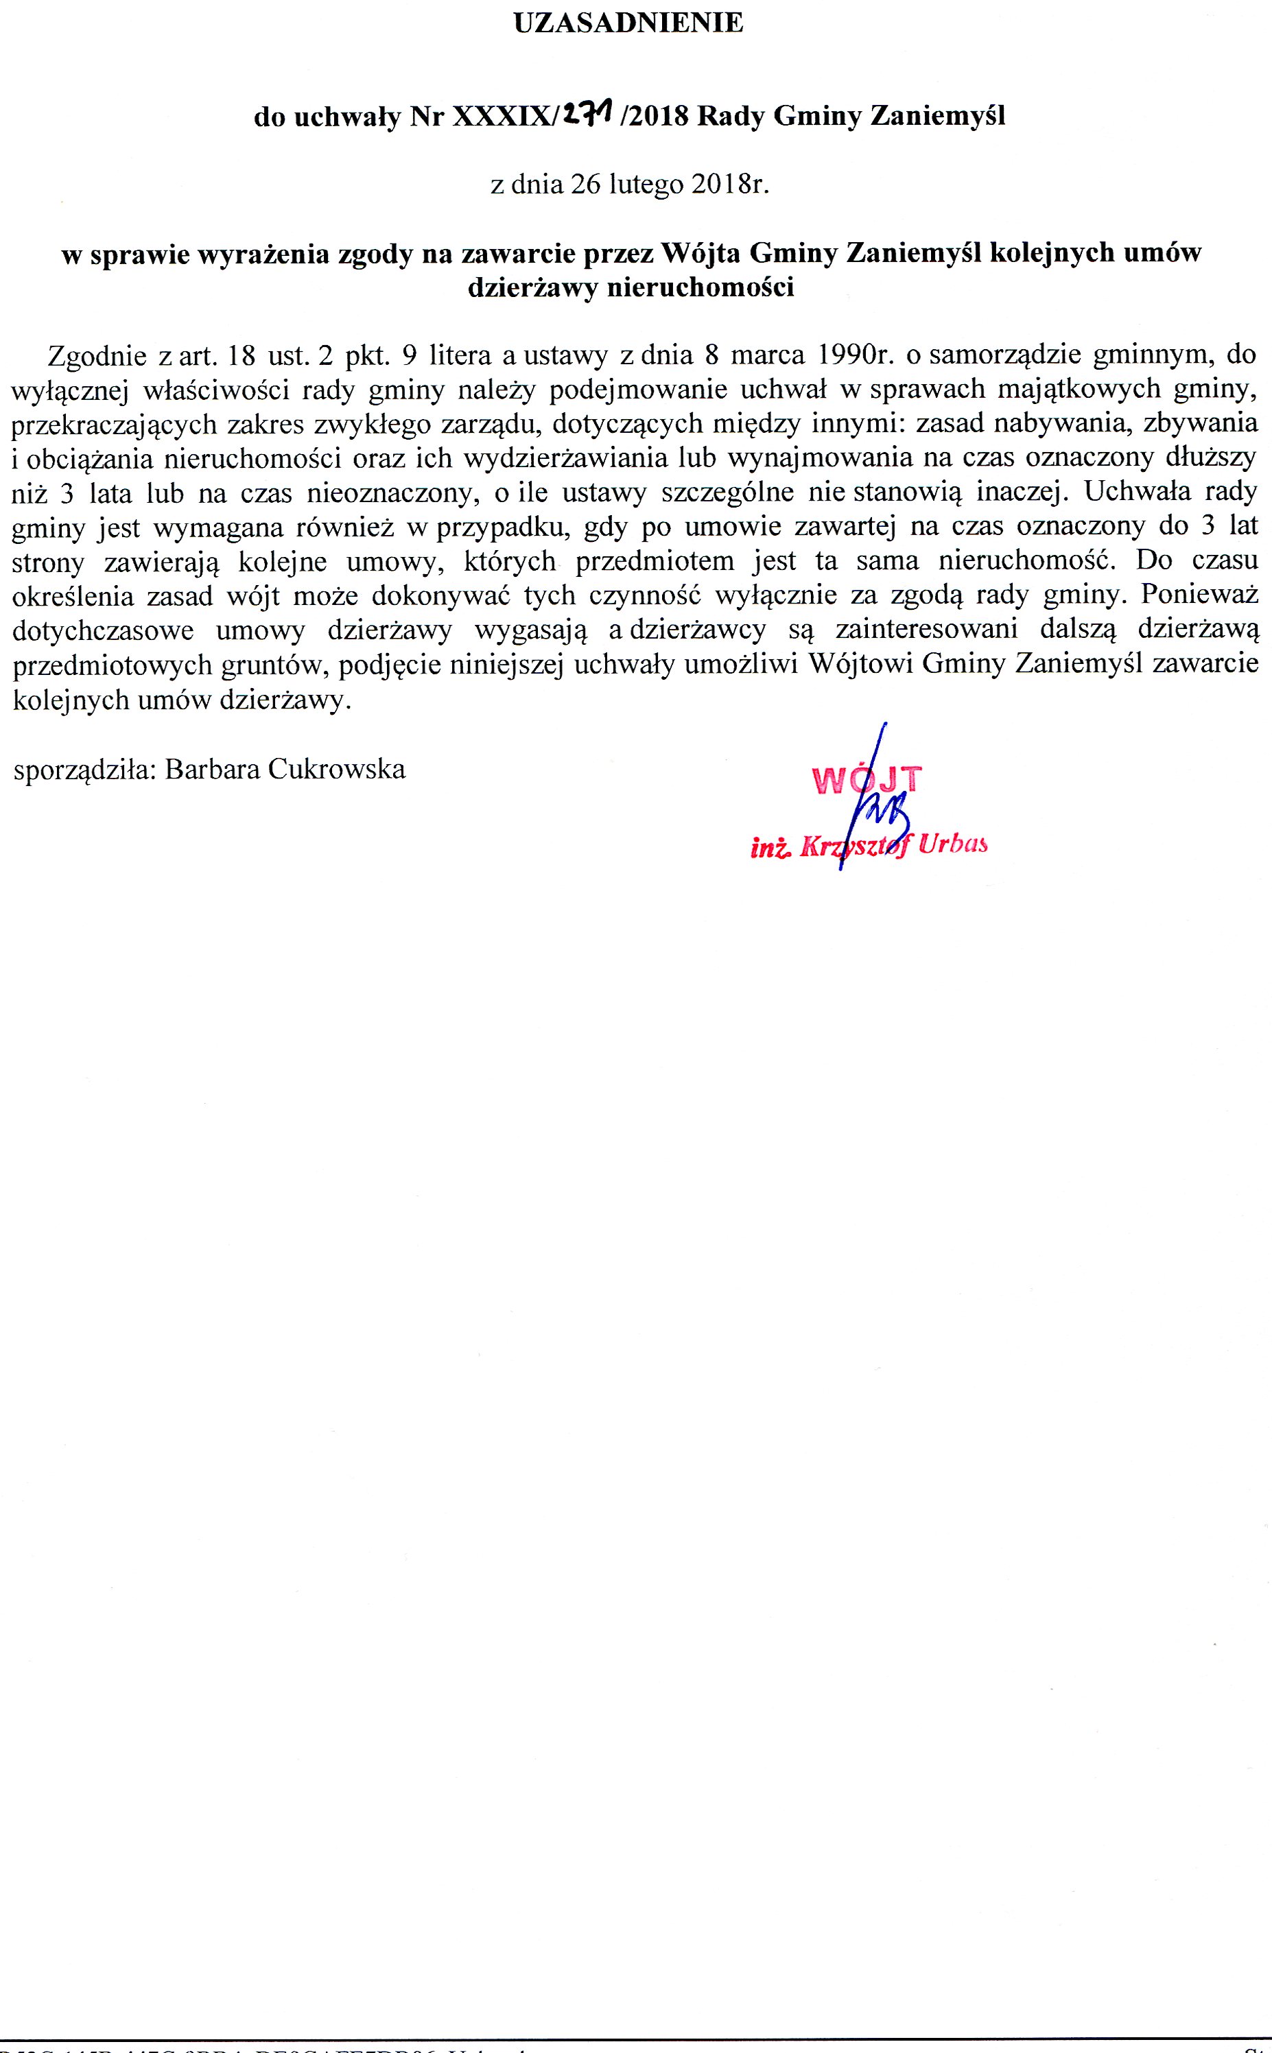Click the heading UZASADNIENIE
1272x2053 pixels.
(628, 23)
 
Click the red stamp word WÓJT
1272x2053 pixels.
(867, 781)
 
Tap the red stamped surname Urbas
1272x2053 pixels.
(953, 844)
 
